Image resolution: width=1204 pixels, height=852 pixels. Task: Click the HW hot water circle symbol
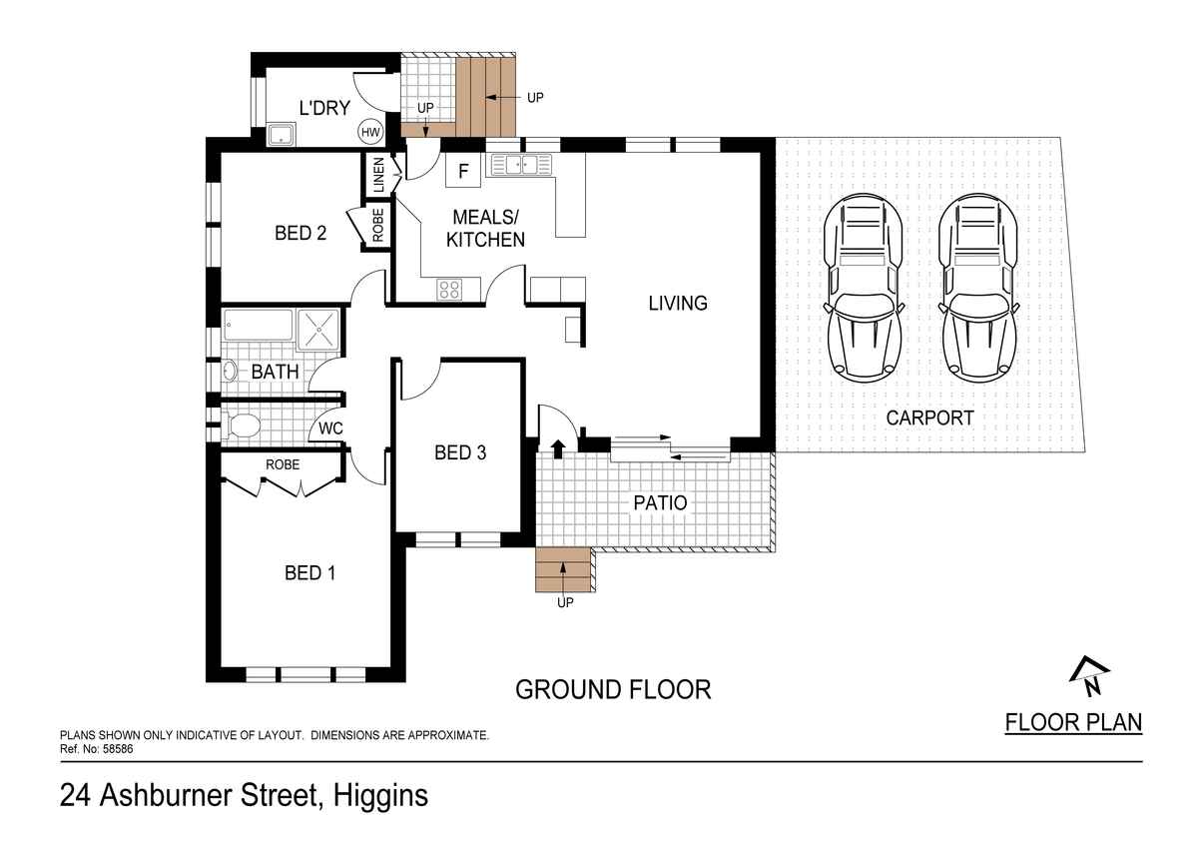click(x=370, y=132)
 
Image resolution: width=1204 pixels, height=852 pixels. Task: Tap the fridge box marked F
click(x=463, y=171)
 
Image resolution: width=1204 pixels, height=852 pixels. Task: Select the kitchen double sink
click(x=519, y=165)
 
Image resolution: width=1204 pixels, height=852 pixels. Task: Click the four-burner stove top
click(x=449, y=289)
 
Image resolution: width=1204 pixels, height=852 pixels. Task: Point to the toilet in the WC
click(x=243, y=426)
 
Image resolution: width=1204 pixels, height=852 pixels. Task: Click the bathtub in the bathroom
click(x=258, y=325)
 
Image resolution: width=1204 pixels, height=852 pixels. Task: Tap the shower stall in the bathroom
click(x=318, y=330)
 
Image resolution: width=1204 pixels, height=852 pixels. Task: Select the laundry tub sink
click(x=282, y=134)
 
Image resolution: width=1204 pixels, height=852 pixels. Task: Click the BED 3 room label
click(x=460, y=452)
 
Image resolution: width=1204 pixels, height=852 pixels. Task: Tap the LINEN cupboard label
click(x=378, y=175)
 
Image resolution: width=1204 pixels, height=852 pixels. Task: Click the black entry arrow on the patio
click(x=558, y=449)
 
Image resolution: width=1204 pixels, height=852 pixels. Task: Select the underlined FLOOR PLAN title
click(x=1073, y=722)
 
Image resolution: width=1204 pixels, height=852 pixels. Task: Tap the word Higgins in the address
click(x=380, y=795)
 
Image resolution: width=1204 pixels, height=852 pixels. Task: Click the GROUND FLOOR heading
click(x=613, y=689)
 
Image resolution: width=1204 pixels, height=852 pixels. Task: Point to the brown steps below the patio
click(x=563, y=570)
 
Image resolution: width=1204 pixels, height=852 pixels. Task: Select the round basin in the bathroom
click(x=230, y=372)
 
